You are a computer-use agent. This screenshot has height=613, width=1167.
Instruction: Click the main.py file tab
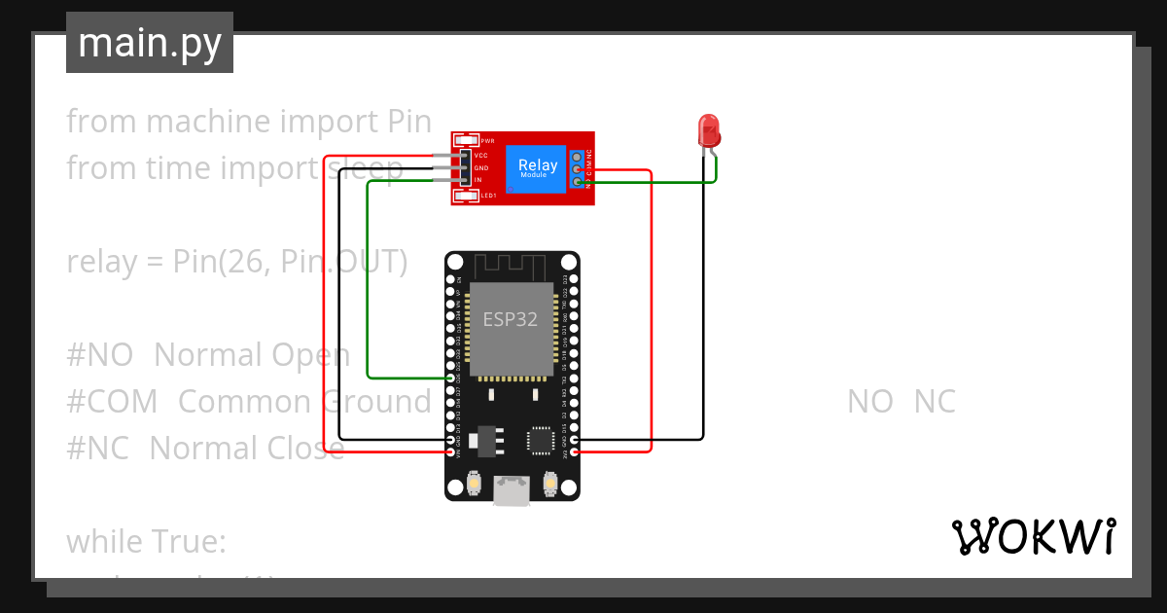pos(149,43)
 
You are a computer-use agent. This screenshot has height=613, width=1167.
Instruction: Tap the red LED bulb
pos(708,129)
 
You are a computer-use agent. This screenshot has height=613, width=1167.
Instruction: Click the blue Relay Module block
pos(538,167)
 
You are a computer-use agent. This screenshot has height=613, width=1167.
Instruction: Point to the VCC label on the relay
pos(481,156)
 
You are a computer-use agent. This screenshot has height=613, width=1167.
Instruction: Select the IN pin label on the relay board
pos(478,180)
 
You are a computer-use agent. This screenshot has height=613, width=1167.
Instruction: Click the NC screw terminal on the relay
pos(578,156)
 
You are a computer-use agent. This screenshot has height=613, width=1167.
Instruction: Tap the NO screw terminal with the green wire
pos(578,181)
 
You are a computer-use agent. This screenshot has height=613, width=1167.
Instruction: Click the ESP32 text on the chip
pos(511,319)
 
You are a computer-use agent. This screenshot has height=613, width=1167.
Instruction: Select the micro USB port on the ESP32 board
pos(512,490)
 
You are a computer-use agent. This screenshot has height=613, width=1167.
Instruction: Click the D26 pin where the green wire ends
pos(451,378)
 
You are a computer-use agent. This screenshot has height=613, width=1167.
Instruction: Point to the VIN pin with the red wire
pos(451,452)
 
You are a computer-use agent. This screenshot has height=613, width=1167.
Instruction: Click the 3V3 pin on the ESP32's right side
pos(575,452)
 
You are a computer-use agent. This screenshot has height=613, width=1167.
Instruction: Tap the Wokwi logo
pos(1033,537)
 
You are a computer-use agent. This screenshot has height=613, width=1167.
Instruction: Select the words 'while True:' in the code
pos(146,541)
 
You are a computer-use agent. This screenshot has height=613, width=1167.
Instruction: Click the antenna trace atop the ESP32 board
pos(512,265)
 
